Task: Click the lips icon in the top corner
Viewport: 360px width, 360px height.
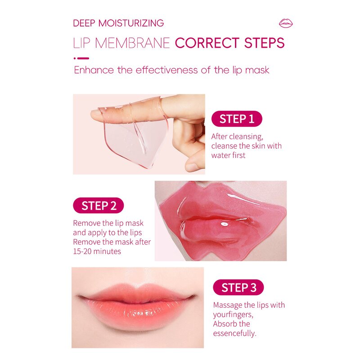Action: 286,23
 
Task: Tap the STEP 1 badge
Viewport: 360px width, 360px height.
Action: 237,119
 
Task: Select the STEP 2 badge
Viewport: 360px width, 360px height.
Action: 98,206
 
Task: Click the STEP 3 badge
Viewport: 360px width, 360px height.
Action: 238,288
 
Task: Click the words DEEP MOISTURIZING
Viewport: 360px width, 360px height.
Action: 118,23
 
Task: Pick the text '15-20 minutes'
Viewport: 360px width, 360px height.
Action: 97,252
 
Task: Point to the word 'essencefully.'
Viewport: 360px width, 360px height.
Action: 234,333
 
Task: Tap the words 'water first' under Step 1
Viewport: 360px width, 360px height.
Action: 229,155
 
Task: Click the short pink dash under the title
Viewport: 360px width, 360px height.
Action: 81,58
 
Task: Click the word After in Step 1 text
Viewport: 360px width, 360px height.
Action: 220,136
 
